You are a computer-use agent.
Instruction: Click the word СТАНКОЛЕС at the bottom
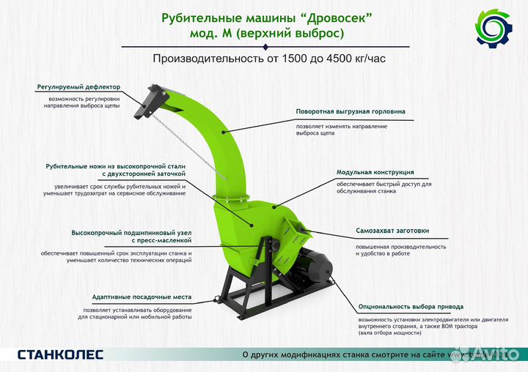click(x=61, y=354)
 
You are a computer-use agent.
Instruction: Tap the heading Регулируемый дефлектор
click(x=78, y=86)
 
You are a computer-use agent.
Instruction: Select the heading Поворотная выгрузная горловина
click(x=351, y=112)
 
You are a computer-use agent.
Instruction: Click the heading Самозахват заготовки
click(x=392, y=231)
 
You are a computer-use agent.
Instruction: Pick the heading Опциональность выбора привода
click(x=411, y=307)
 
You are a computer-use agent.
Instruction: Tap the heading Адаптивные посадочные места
click(x=142, y=297)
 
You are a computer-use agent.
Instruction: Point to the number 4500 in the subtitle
click(x=337, y=58)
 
